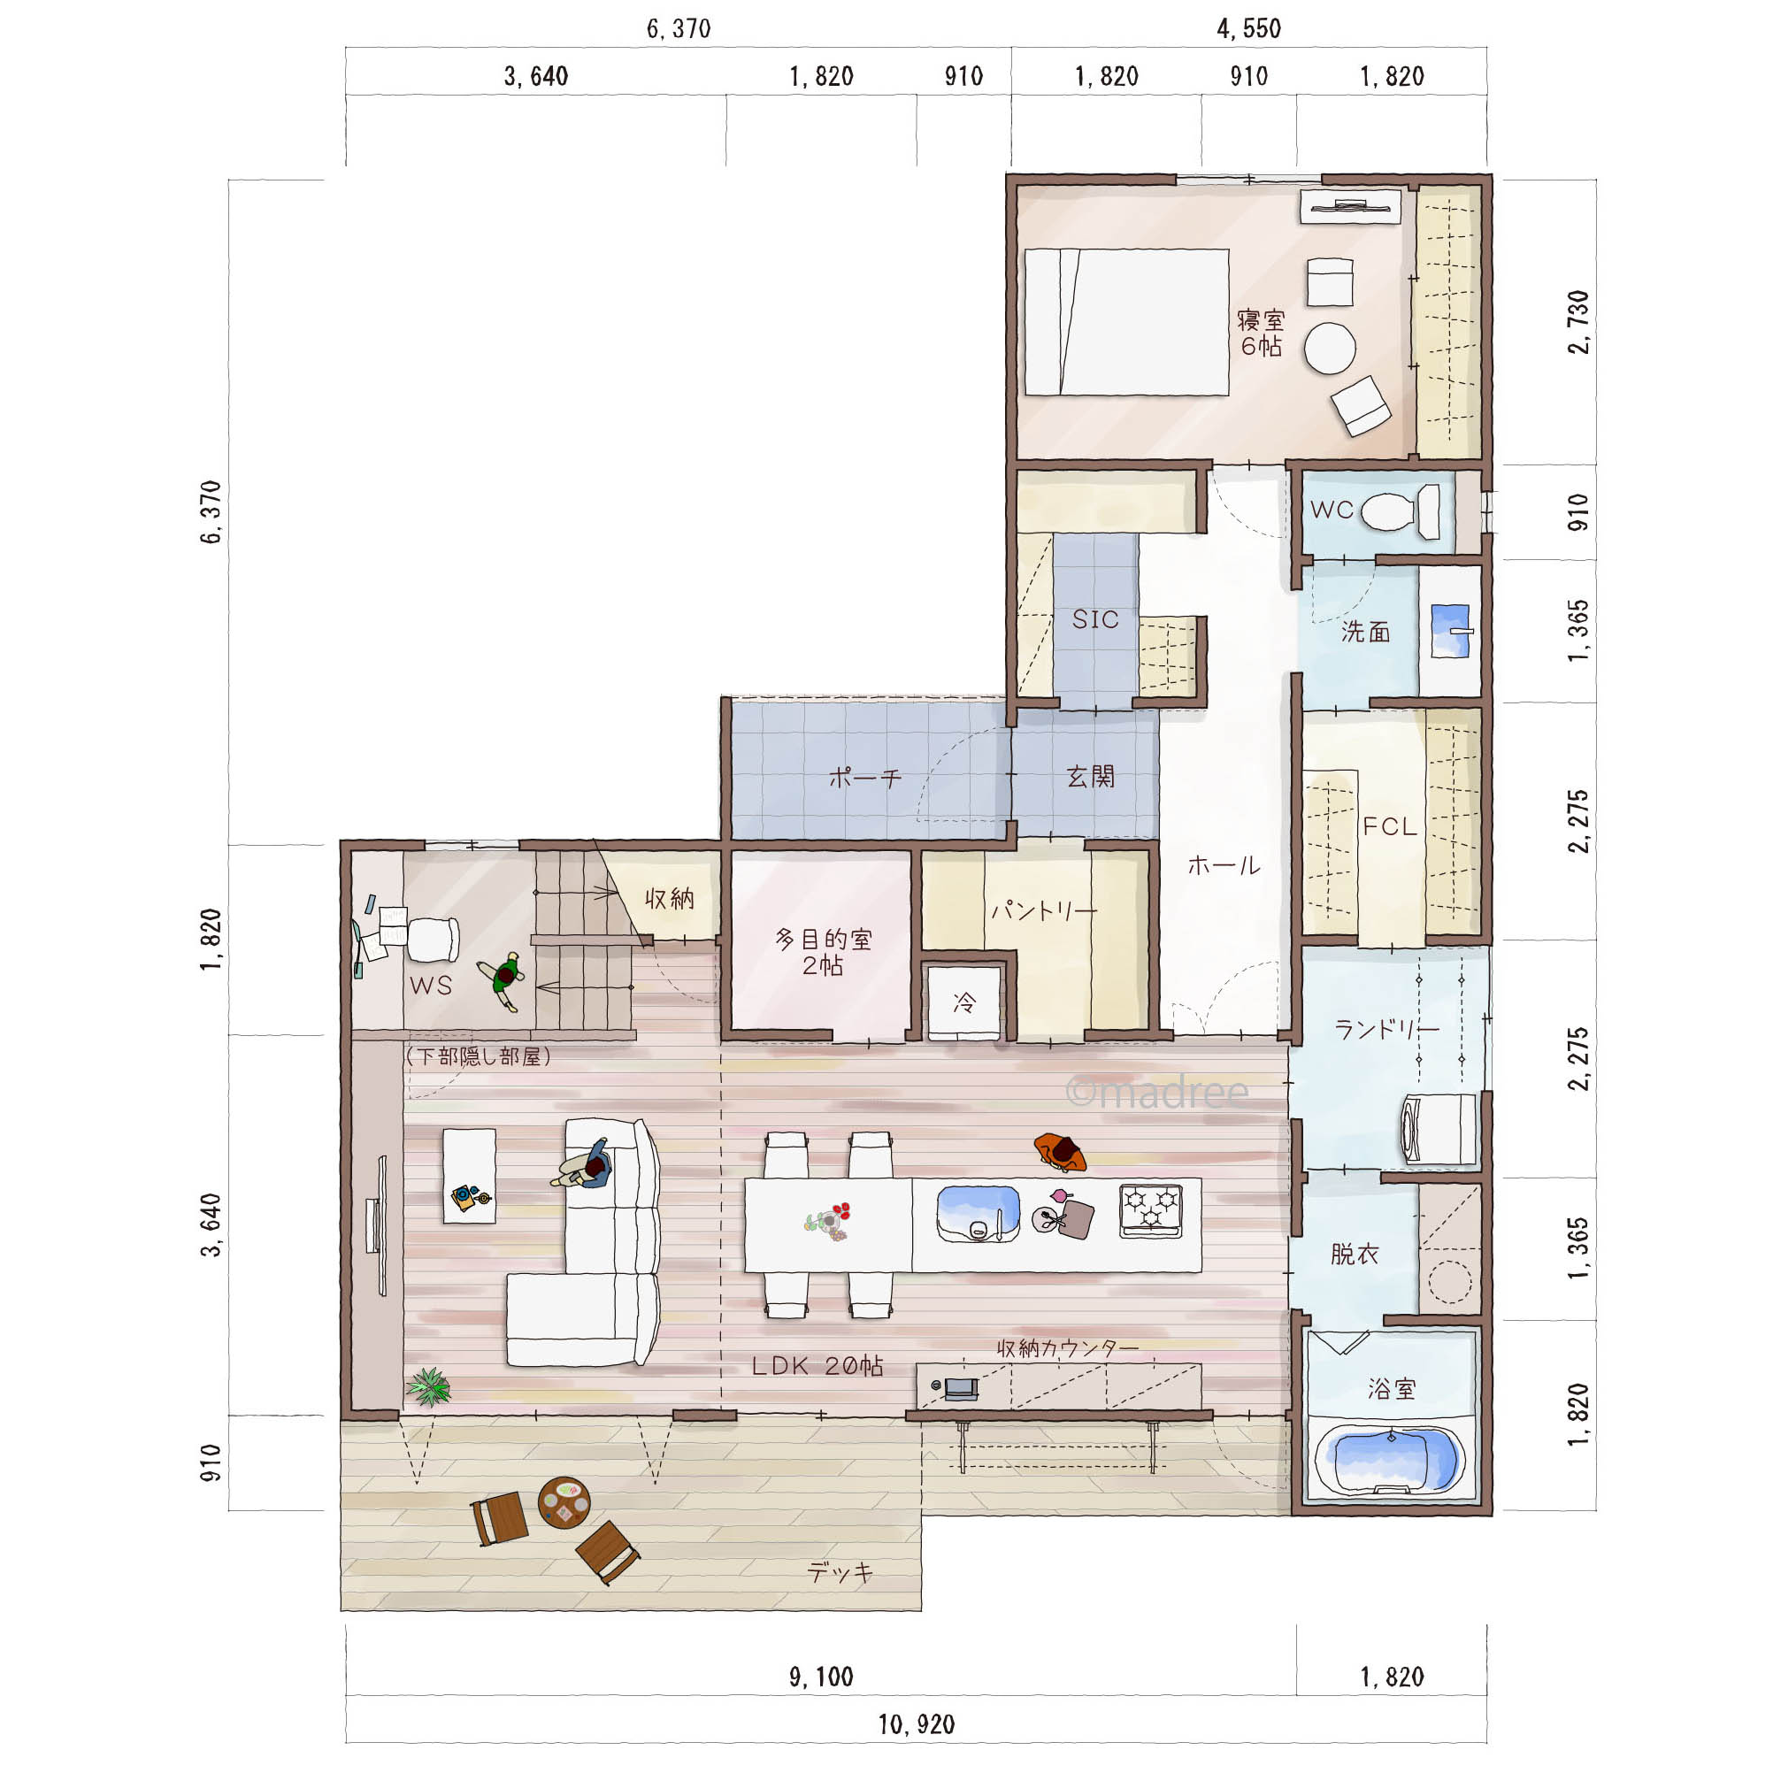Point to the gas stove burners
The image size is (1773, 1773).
coord(1150,1210)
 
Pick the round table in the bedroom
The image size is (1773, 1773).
coord(1330,349)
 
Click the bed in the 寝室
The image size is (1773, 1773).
coord(1126,322)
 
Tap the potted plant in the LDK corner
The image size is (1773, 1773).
coord(428,1386)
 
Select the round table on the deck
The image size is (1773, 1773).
coord(564,1503)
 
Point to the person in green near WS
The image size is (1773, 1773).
coord(502,980)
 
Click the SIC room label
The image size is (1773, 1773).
coord(1095,619)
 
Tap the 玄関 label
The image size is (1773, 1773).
coord(1090,778)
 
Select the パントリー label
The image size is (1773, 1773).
coord(1043,911)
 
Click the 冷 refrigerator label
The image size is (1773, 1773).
coord(963,1002)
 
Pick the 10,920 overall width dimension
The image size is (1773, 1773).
coord(916,1725)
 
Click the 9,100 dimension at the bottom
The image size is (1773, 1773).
coord(821,1677)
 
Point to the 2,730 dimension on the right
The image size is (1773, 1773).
coord(1578,322)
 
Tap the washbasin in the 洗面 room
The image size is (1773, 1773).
coord(1451,631)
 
